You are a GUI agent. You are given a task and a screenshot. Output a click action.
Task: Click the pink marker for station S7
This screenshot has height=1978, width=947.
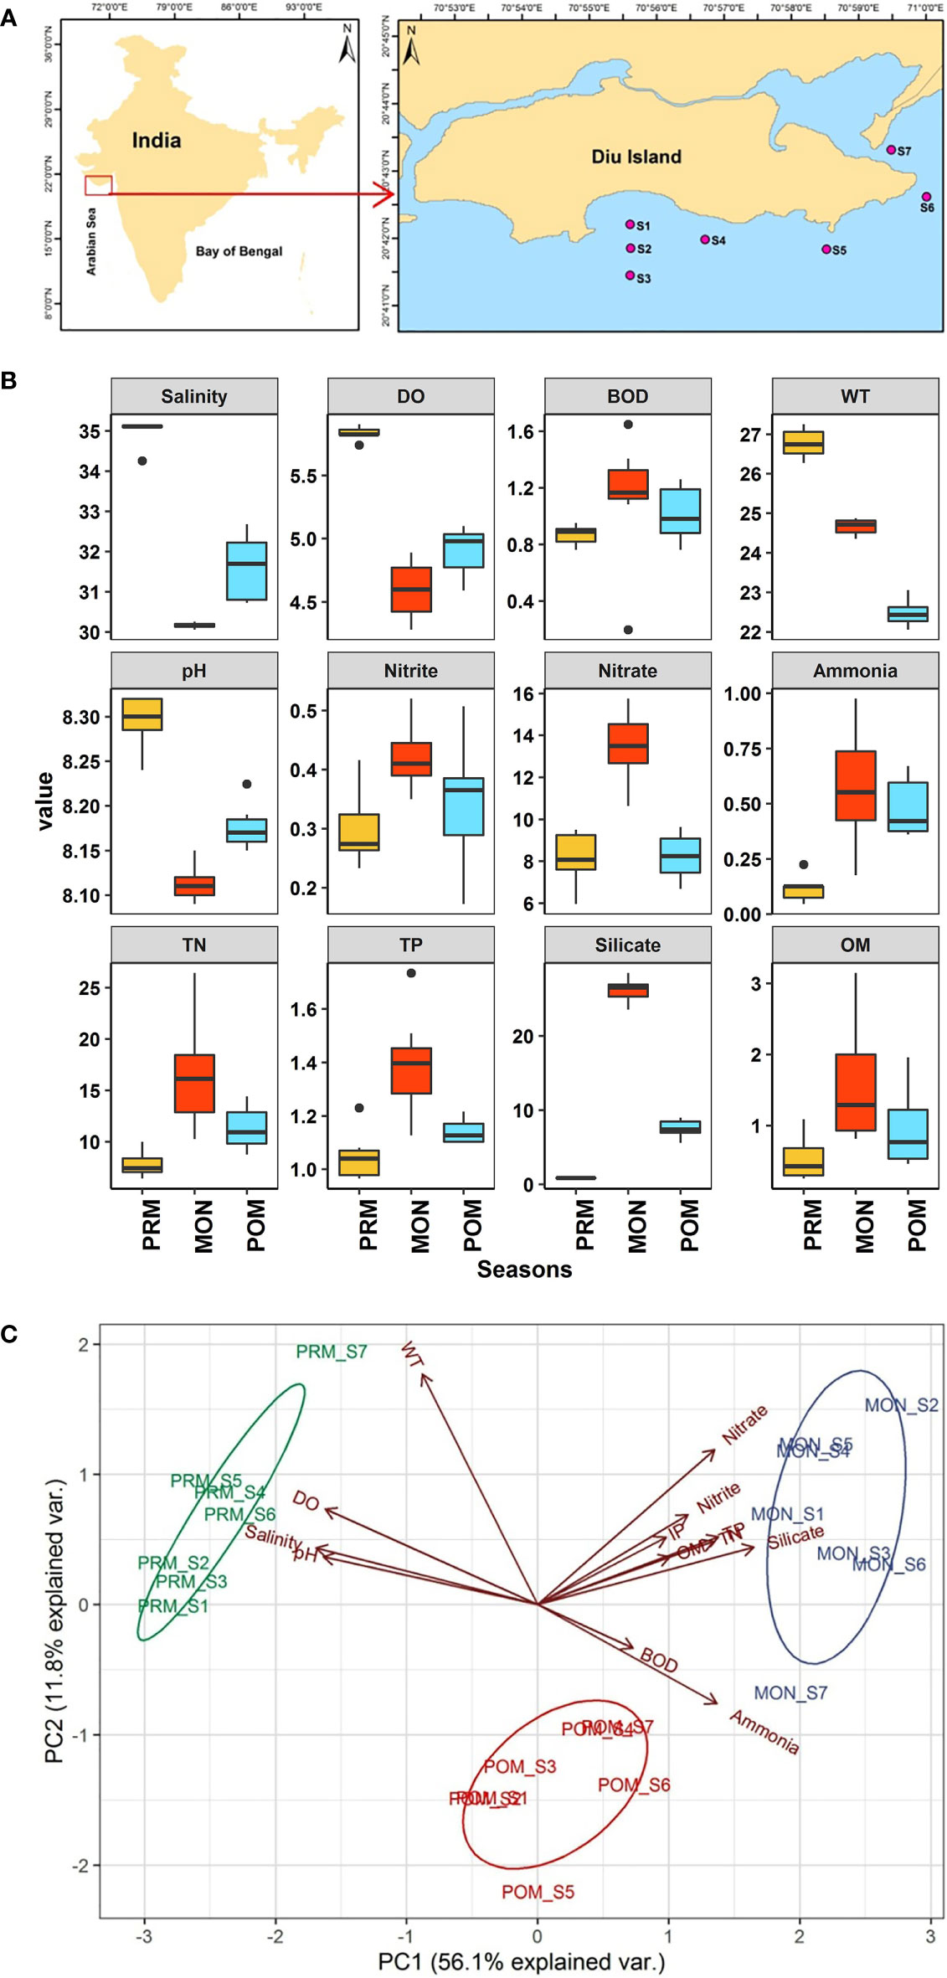891,150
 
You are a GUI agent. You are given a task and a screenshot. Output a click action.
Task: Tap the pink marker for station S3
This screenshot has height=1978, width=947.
630,275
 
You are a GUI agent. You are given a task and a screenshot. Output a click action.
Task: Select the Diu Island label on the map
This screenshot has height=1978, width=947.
636,157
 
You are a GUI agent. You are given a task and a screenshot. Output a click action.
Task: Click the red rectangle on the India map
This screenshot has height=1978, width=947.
98,185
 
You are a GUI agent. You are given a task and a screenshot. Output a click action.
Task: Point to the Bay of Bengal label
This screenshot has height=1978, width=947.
239,251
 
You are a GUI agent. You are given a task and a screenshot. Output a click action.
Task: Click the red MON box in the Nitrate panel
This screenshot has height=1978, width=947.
628,743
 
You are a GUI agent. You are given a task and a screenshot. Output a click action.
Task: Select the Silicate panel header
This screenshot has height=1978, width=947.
627,945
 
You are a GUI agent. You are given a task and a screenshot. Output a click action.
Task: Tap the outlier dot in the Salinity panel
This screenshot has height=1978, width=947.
142,461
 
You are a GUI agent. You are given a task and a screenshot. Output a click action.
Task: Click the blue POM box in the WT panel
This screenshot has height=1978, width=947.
908,614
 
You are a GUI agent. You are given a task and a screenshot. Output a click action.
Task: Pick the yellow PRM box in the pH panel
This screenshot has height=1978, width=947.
142,713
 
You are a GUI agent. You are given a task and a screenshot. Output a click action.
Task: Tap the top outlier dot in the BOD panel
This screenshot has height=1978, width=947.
628,425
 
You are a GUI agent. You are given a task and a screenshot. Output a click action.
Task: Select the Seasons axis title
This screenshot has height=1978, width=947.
524,1269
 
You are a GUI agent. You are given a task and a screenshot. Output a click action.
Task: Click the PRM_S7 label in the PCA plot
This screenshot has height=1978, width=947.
332,1352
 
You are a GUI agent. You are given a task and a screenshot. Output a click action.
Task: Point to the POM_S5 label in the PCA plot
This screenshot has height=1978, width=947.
538,1892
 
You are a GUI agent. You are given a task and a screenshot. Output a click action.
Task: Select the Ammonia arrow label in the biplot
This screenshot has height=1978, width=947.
764,1731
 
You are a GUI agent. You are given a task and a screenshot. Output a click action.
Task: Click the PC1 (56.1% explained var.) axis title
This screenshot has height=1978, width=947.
521,1961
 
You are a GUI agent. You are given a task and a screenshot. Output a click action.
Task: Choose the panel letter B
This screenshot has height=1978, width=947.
9,381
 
